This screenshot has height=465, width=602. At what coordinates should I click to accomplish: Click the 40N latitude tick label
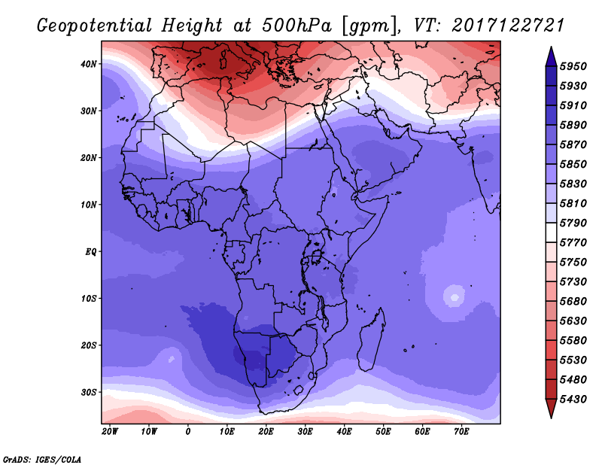tap(88, 64)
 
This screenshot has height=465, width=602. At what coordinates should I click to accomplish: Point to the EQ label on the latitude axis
tap(90, 252)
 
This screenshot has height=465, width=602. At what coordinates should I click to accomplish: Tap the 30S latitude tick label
tap(88, 393)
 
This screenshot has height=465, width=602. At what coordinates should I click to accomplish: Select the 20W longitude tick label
tap(110, 432)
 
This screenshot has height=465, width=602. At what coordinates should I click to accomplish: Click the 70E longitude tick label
tap(461, 432)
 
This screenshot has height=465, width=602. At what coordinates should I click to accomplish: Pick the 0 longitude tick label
tap(187, 432)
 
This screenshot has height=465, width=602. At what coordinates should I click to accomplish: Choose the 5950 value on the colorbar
tap(573, 66)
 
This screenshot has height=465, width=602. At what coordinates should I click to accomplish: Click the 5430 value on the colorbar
tap(573, 400)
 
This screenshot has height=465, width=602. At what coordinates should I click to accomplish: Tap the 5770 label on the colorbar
tap(573, 243)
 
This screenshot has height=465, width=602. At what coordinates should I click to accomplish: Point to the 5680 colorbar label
tap(573, 302)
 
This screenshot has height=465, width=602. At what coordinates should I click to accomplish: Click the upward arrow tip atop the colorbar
tap(551, 47)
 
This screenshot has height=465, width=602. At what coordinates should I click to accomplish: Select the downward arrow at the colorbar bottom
tap(551, 408)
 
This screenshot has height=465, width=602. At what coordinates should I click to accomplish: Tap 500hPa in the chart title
tap(297, 26)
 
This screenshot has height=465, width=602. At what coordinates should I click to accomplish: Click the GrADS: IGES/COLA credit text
tap(42, 460)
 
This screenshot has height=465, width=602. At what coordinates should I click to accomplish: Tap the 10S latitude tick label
tap(88, 299)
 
